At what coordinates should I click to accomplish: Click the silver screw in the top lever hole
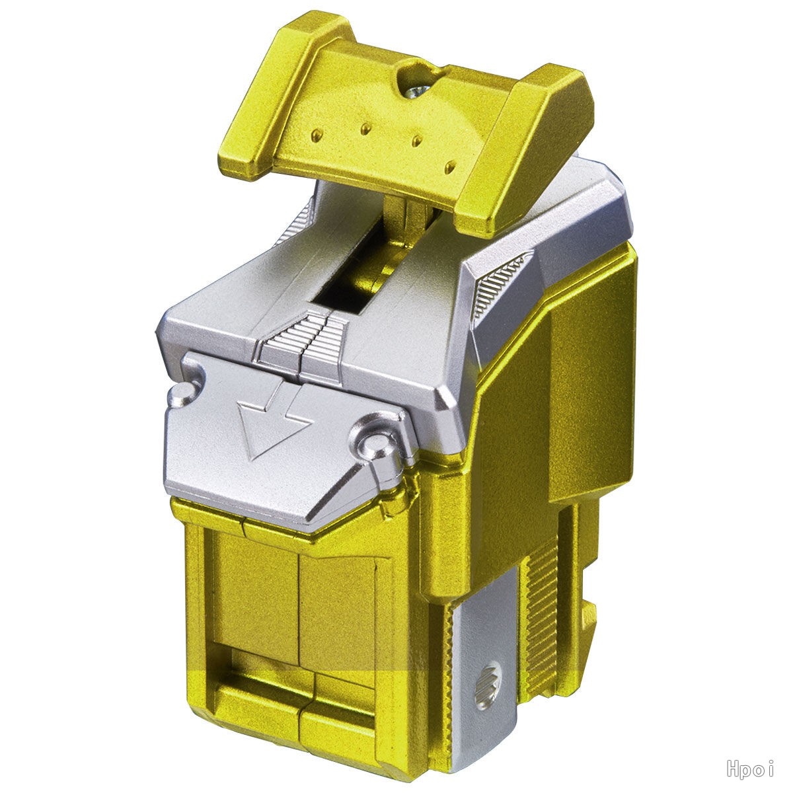tap(417, 91)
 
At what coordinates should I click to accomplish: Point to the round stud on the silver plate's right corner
tap(375, 443)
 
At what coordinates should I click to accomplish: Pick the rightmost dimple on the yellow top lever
tap(451, 167)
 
